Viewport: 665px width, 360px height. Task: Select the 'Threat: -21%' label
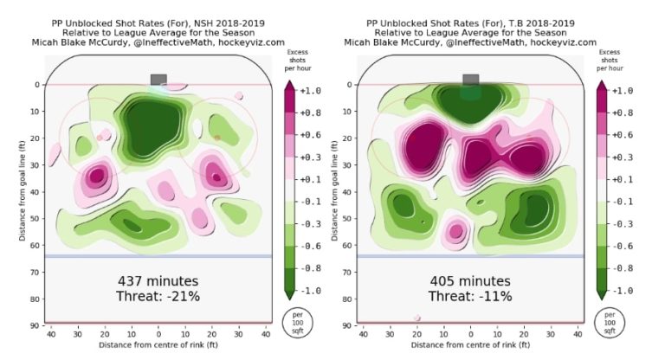click(x=158, y=297)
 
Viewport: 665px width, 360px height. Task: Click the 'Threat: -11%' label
click(x=470, y=297)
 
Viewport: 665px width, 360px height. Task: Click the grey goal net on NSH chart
click(x=158, y=80)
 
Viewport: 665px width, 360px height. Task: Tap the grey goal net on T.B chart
click(x=470, y=80)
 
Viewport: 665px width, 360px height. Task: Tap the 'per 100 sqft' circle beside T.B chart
click(x=610, y=319)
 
